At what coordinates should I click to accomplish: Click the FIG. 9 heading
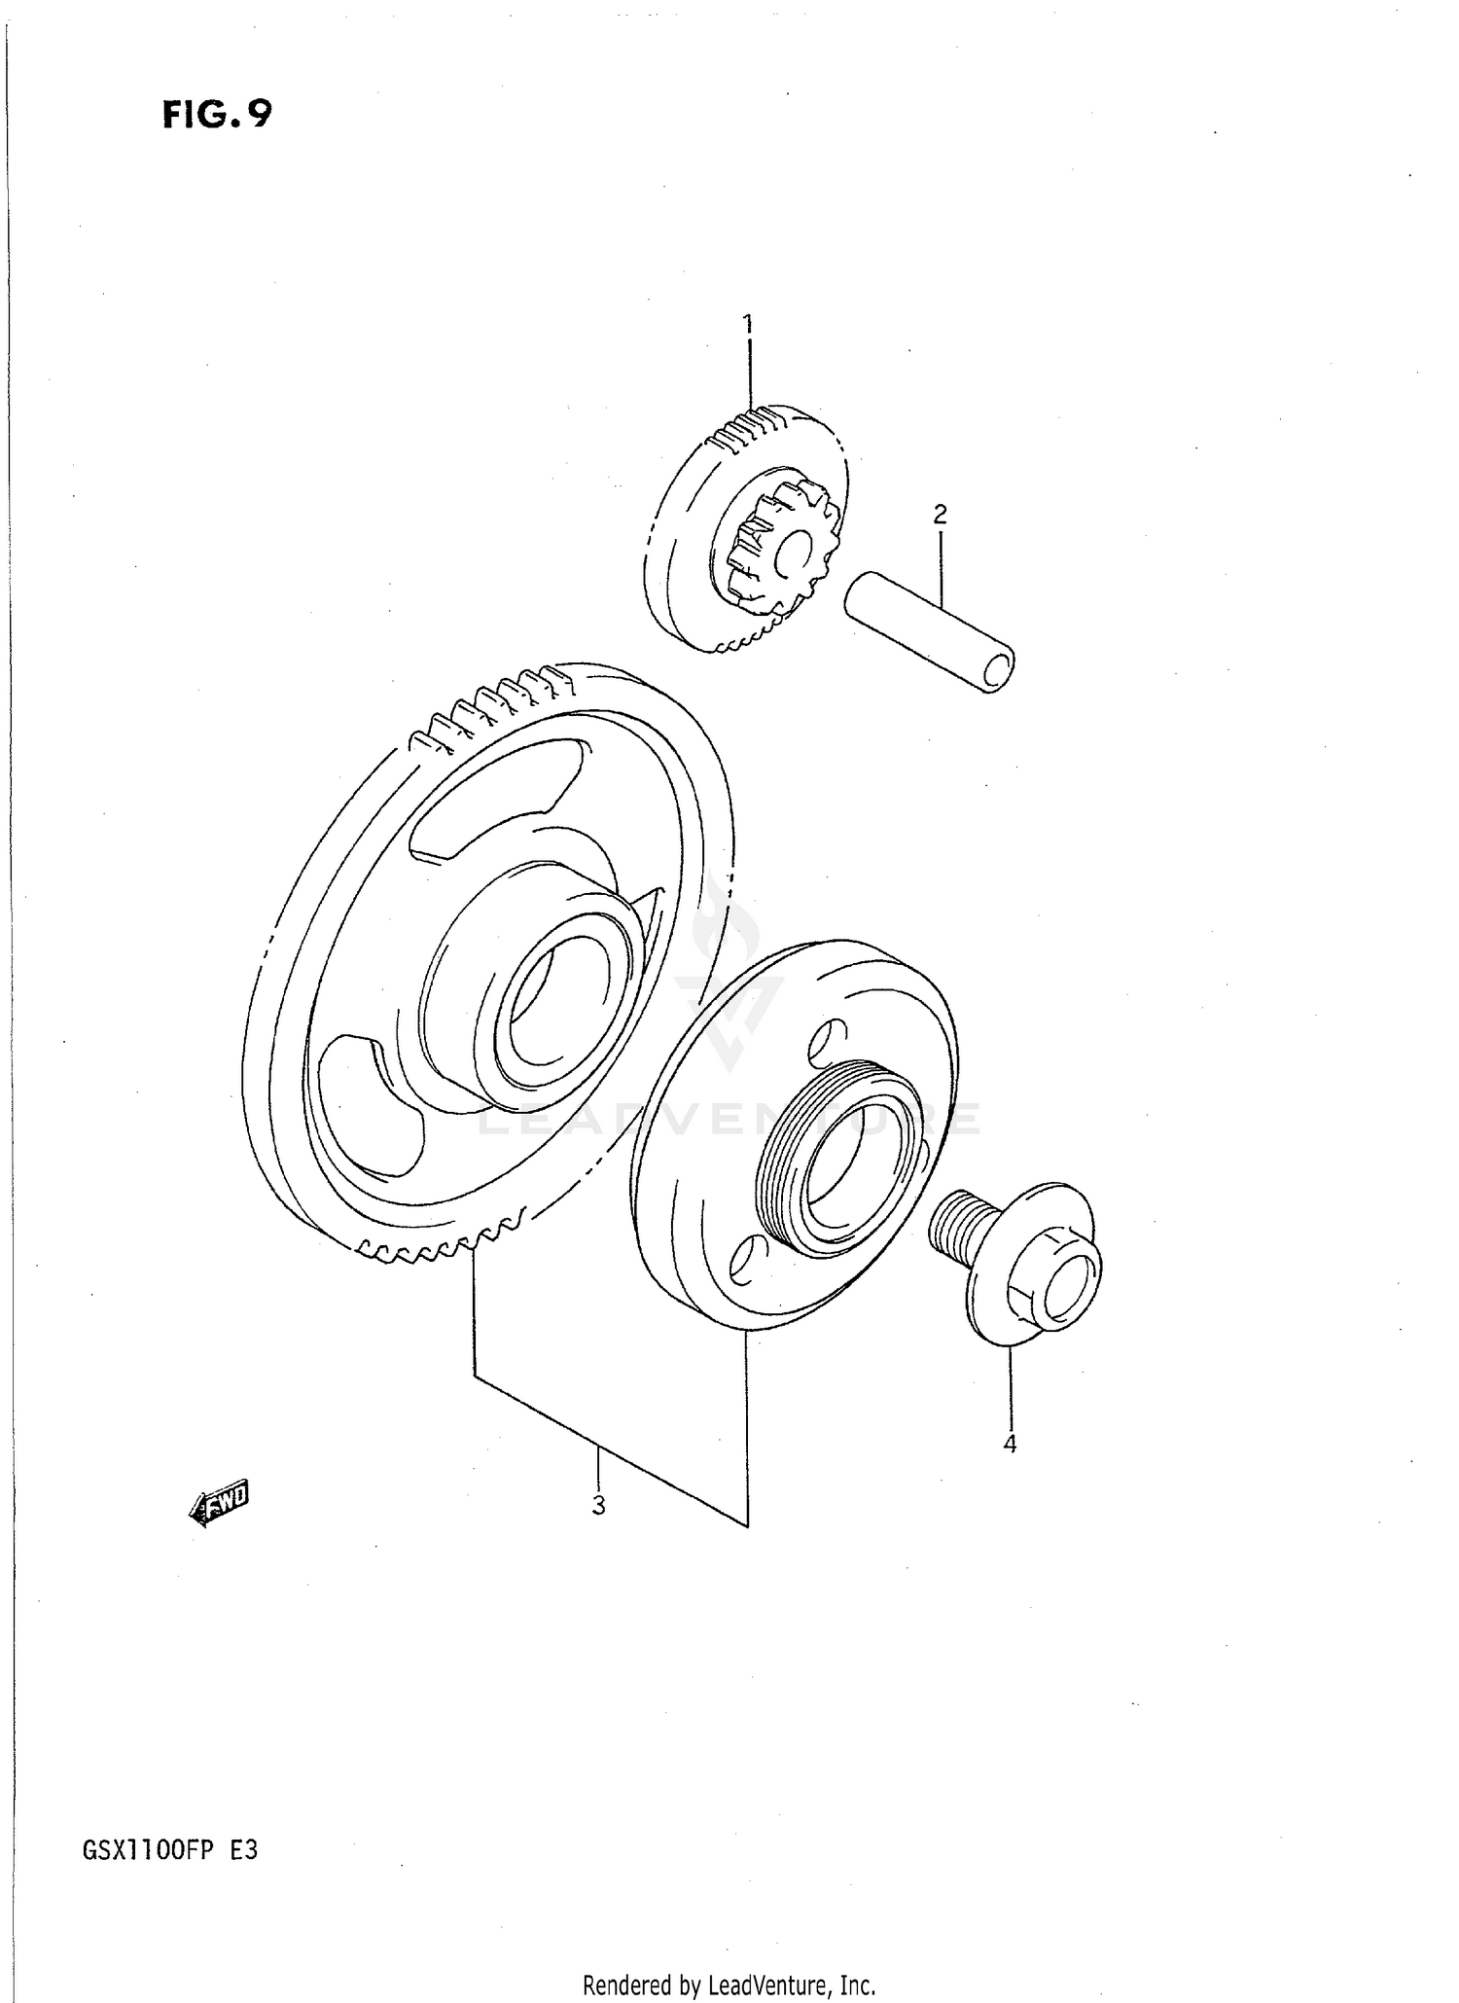[x=217, y=116]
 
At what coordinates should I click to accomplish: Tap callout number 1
[x=748, y=323]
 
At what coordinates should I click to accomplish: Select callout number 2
[x=940, y=514]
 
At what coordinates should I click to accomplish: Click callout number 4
[x=1010, y=1444]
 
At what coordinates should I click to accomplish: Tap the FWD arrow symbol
[x=220, y=1507]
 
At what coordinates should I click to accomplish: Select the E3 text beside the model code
[x=243, y=1848]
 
